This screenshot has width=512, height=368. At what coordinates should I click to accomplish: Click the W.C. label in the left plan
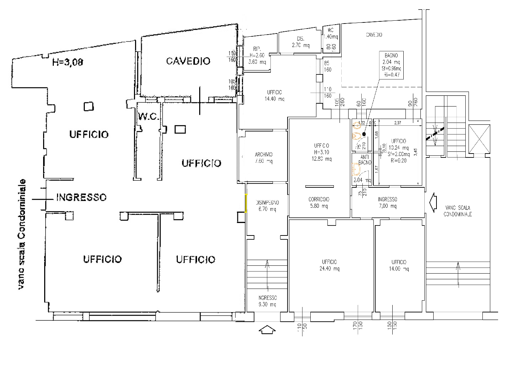(148, 116)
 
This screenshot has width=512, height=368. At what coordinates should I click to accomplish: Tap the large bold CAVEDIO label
(188, 61)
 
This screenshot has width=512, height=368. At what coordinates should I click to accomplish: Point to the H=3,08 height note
(68, 62)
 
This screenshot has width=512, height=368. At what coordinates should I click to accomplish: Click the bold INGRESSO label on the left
(81, 197)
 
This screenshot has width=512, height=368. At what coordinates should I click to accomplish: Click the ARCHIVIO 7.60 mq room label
(264, 158)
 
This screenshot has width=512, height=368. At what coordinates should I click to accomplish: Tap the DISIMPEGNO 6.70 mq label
(268, 206)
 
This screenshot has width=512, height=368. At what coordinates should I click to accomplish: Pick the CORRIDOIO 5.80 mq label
(319, 203)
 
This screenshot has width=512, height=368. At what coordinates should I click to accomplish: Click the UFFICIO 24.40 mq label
(329, 265)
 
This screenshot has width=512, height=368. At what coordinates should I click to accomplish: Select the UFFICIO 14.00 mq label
(399, 265)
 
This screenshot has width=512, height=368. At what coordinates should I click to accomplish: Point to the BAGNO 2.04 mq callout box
(391, 65)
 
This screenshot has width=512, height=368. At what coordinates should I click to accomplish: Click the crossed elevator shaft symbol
(479, 139)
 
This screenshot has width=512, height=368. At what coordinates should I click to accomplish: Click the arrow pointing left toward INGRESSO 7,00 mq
(433, 202)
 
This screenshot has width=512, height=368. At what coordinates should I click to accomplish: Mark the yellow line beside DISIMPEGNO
(246, 203)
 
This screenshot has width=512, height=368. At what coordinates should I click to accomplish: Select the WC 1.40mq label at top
(331, 33)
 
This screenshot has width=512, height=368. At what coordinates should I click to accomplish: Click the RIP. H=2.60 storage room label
(257, 55)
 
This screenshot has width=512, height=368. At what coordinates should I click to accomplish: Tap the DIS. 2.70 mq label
(301, 42)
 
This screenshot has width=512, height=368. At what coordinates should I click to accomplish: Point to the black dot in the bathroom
(364, 134)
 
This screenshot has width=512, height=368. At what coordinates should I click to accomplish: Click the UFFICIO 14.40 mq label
(274, 95)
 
